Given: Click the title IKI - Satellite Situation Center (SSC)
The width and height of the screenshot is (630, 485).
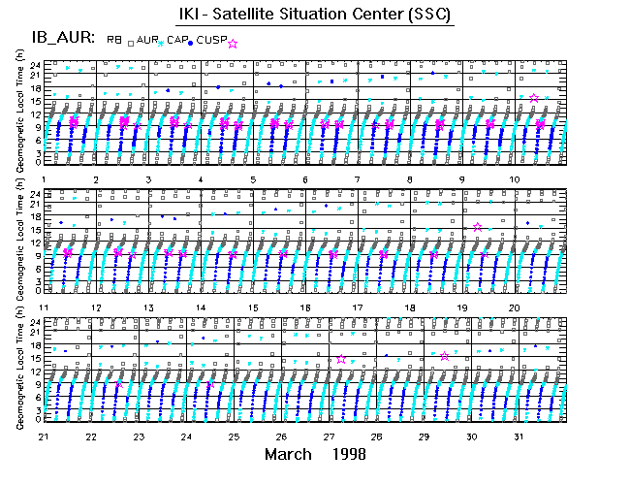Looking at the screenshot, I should coord(315,15).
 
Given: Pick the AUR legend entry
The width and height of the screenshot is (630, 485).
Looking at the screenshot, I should coord(146,40).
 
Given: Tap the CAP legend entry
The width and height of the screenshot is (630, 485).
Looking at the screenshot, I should coord(178,40).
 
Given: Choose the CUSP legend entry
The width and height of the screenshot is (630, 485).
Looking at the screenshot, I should coord(213,40).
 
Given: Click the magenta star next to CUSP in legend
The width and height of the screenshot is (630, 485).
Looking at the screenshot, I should coord(232,43).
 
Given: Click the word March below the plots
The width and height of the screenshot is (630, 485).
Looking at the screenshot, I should coord(288,455).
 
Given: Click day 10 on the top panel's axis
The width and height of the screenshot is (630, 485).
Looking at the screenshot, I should coord(516,179).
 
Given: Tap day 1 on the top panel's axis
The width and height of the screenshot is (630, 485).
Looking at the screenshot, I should coord(45,179).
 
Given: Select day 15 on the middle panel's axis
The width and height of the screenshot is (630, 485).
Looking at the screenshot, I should coord(253,307).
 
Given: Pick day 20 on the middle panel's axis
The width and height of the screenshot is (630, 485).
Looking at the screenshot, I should coord(516,307).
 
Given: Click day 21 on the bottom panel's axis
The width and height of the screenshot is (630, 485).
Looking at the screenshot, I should coord(45,436).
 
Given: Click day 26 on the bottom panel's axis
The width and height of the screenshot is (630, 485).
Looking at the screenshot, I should coord(281,436).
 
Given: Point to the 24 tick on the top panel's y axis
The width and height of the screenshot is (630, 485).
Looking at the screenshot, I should coord(35,65).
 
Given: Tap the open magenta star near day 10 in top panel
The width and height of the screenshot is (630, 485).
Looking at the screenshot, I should coord(534,98).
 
